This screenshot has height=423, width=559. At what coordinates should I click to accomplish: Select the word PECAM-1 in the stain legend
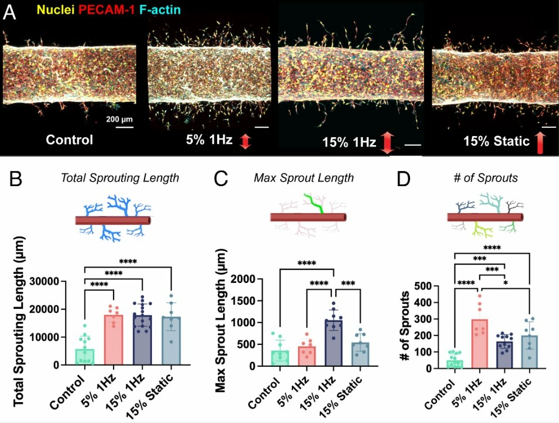[x=107, y=10]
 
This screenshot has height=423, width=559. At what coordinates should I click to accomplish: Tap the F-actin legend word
[x=160, y=10]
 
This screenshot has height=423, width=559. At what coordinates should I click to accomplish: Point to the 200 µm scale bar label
[x=119, y=119]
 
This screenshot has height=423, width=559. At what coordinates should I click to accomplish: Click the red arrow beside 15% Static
[x=540, y=142]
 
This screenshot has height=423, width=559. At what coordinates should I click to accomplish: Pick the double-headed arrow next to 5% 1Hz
[x=245, y=141]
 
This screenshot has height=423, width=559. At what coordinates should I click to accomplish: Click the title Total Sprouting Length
[x=120, y=178]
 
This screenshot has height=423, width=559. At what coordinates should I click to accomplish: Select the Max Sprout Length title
[x=304, y=178]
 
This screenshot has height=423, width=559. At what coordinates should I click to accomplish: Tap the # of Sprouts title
[x=485, y=178]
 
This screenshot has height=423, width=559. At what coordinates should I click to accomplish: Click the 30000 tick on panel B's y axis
[x=44, y=281]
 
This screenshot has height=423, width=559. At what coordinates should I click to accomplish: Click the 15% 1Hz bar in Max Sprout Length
[x=333, y=343]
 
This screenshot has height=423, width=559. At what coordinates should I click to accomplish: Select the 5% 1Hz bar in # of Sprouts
[x=480, y=344]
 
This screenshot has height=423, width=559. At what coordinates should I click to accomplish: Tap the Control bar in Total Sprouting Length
[x=85, y=357]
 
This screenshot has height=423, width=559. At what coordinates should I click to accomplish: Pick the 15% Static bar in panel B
[x=172, y=341]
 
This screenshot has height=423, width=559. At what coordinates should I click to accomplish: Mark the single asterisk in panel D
[x=505, y=283]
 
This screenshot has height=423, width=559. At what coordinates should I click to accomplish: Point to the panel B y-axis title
[x=19, y=321]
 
